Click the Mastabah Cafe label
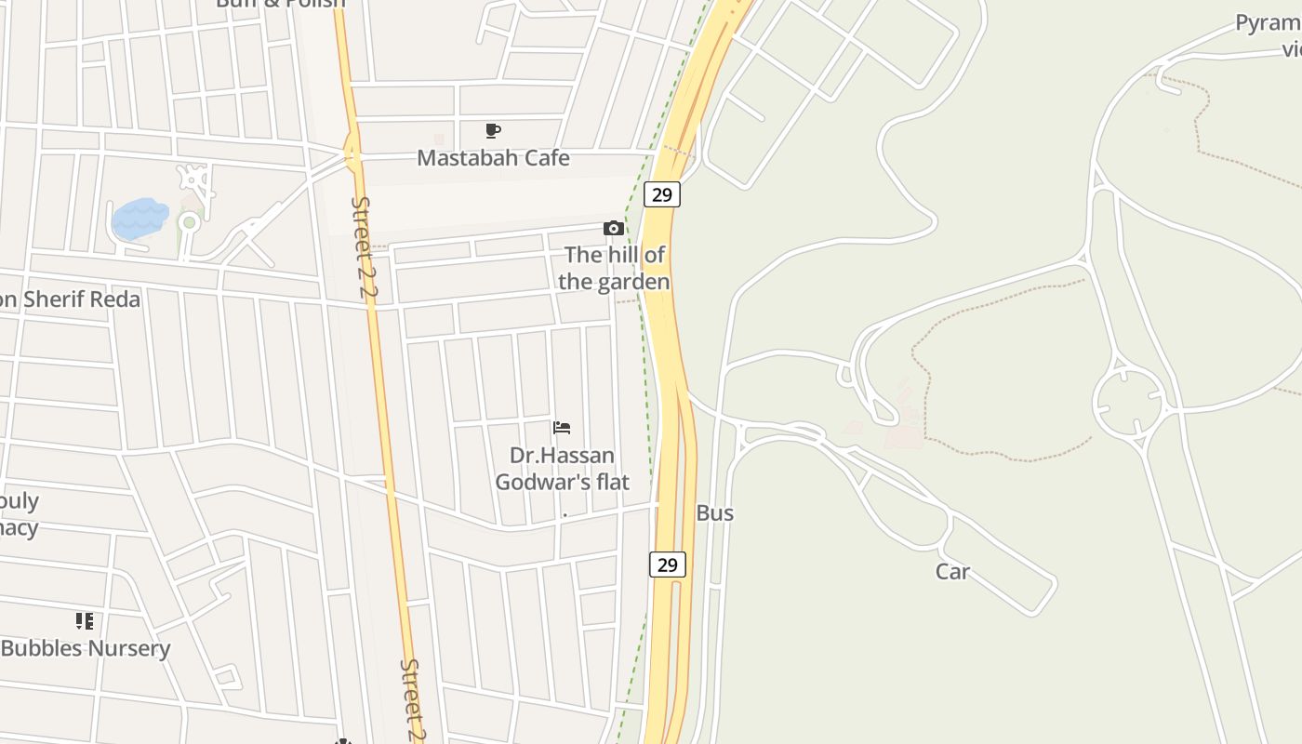[x=493, y=158]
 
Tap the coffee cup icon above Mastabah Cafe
[x=493, y=131]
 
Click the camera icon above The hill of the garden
[x=613, y=228]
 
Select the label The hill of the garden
[x=615, y=268]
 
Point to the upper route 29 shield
[x=661, y=194]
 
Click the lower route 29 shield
[x=667, y=565]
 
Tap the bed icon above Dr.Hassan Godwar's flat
[x=562, y=428]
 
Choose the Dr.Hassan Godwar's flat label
[x=562, y=469]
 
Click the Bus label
[x=714, y=513]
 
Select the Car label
[x=952, y=572]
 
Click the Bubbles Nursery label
[x=86, y=649]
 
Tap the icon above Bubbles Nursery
[x=85, y=621]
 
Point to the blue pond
[x=139, y=219]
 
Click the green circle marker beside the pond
[x=189, y=222]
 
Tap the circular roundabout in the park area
[x=1130, y=403]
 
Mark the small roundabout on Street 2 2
[x=352, y=154]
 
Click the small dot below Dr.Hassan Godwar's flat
[x=565, y=514]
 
